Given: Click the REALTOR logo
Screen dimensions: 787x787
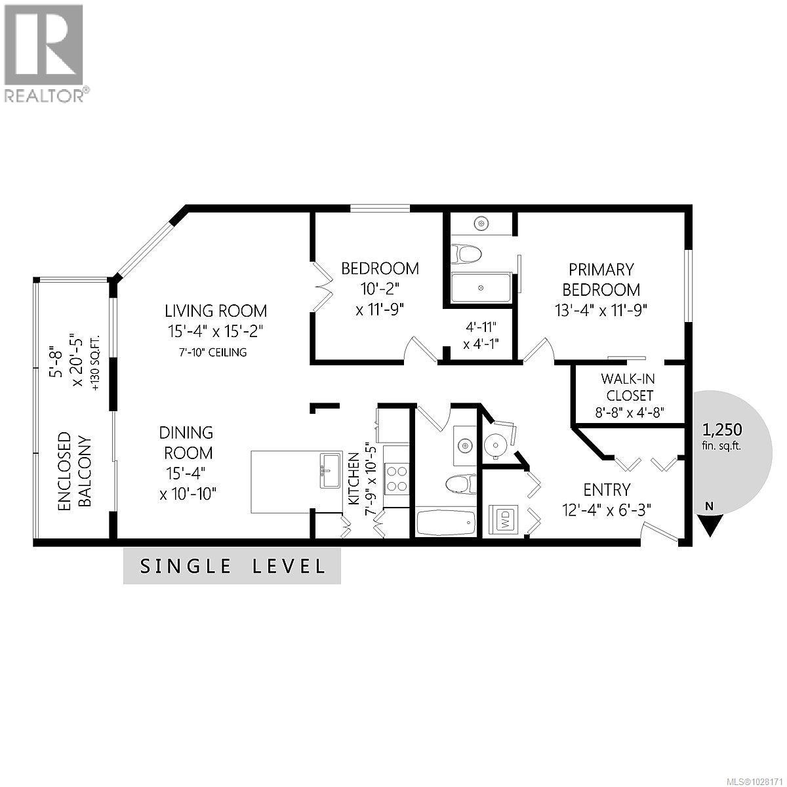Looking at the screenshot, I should (44, 52).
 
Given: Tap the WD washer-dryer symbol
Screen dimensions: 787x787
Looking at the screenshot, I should (506, 520).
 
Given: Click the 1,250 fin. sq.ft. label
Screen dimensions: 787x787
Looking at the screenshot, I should (721, 437).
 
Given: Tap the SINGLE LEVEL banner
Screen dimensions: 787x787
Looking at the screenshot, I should (232, 566).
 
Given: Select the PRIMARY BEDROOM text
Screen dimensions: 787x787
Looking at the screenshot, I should (601, 279).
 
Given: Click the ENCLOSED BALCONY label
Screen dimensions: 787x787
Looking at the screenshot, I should (74, 471).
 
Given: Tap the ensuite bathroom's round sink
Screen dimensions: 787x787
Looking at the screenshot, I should (482, 224).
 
